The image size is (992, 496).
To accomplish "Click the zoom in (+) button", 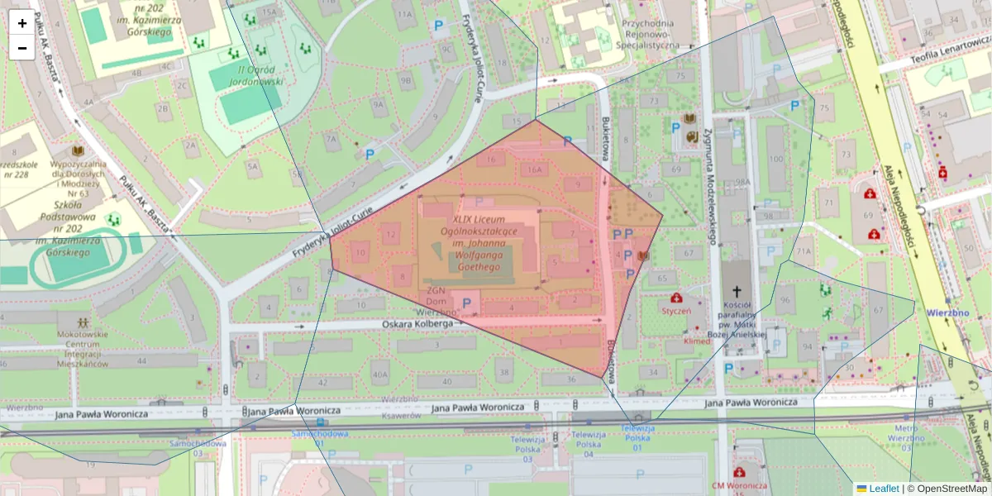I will tap(22, 23).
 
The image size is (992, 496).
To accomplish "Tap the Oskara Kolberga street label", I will tap(417, 324).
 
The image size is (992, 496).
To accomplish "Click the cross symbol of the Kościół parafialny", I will tap(737, 291).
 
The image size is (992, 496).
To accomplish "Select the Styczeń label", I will tap(676, 311).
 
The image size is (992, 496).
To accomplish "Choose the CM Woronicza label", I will tap(739, 485).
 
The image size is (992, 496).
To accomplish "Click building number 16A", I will tap(533, 170).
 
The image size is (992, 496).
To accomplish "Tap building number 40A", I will tap(379, 374).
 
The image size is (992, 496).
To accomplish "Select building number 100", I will tap(775, 159).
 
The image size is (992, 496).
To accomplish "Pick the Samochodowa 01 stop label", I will tap(308, 438).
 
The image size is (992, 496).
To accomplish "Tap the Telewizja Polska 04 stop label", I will tap(589, 444).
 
